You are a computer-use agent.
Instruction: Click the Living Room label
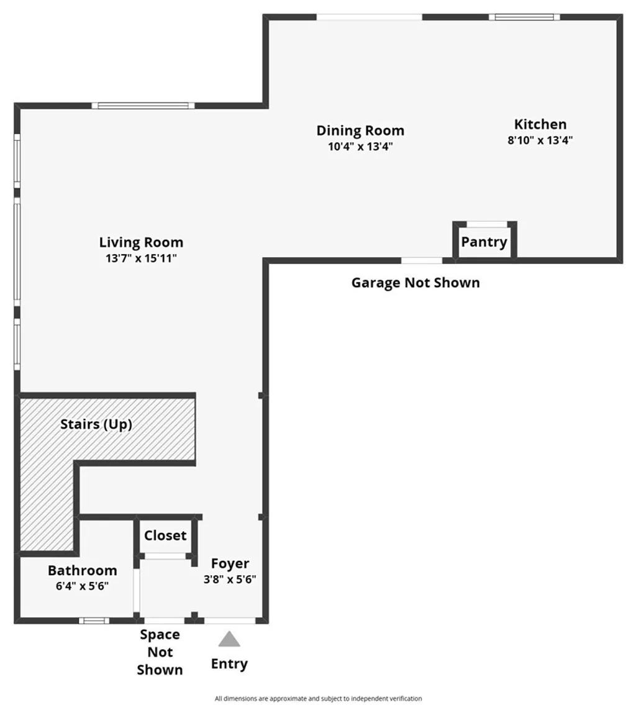click(x=141, y=242)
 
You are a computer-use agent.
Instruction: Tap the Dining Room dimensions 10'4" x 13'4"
click(x=360, y=147)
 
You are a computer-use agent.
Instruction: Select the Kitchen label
click(x=540, y=124)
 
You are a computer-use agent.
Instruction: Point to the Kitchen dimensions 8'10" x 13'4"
click(x=540, y=140)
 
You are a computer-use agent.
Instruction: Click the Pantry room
click(x=484, y=242)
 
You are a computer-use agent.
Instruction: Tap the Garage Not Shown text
click(x=416, y=283)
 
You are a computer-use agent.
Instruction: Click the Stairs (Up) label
click(x=96, y=424)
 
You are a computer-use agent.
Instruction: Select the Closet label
click(x=165, y=535)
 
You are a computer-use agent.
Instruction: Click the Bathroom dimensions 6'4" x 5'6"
click(x=82, y=585)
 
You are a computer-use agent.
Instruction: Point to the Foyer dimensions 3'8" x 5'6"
click(x=230, y=579)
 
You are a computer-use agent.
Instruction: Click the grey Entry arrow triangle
click(x=229, y=640)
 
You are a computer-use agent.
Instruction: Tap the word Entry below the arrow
click(x=229, y=663)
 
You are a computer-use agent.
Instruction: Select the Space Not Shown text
click(x=160, y=652)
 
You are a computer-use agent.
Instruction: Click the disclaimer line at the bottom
click(x=318, y=698)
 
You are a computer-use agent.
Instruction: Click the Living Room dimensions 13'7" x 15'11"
click(x=141, y=258)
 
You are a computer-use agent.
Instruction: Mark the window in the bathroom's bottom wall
click(x=94, y=620)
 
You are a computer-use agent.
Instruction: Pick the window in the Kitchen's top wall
click(x=524, y=17)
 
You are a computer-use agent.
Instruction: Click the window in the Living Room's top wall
click(x=143, y=106)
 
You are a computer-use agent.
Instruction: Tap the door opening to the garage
click(x=422, y=260)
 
